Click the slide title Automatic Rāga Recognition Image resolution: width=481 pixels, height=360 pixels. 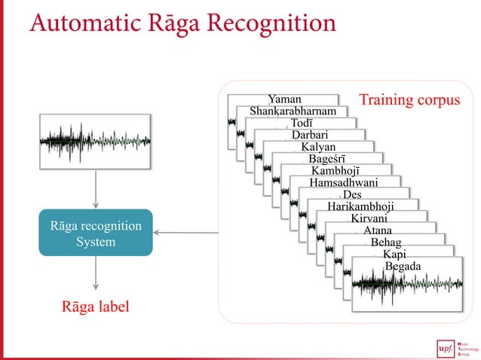click(182, 23)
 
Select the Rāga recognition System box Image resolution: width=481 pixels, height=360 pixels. click(96, 233)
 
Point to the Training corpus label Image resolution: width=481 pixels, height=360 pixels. click(409, 100)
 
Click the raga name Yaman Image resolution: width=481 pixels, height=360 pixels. click(284, 99)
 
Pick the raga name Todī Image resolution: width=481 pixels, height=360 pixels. click(302, 124)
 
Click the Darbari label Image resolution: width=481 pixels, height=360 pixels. click(310, 136)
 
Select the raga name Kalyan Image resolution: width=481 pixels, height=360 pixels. click(317, 147)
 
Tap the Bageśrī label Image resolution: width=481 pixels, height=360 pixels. click(326, 159)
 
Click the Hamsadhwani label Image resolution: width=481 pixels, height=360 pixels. click(344, 182)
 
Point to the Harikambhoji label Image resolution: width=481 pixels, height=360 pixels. click(360, 206)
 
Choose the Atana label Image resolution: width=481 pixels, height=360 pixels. click(377, 230)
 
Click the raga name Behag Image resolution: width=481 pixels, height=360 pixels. click(385, 243)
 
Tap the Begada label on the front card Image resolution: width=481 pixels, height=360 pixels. click(403, 267)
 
